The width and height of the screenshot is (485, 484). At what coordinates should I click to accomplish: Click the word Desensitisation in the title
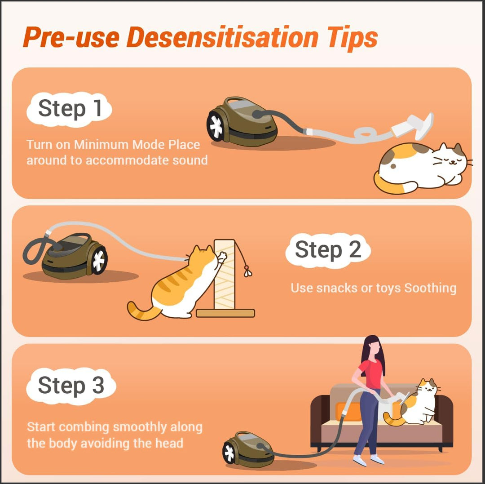point(222,37)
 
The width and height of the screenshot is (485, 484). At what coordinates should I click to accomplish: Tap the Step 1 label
point(70,109)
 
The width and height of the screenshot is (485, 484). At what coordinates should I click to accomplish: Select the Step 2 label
point(328,250)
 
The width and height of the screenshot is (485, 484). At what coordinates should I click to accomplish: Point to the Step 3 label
point(71,386)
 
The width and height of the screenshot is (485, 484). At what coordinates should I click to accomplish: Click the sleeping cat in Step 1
point(422,168)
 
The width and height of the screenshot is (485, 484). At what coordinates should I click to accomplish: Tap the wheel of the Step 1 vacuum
point(216,126)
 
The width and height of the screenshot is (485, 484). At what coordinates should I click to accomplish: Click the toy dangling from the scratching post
point(247,271)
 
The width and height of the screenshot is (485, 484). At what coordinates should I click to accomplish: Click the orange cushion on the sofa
point(348,411)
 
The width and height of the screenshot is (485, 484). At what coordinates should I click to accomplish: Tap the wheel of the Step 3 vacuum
point(229,453)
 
